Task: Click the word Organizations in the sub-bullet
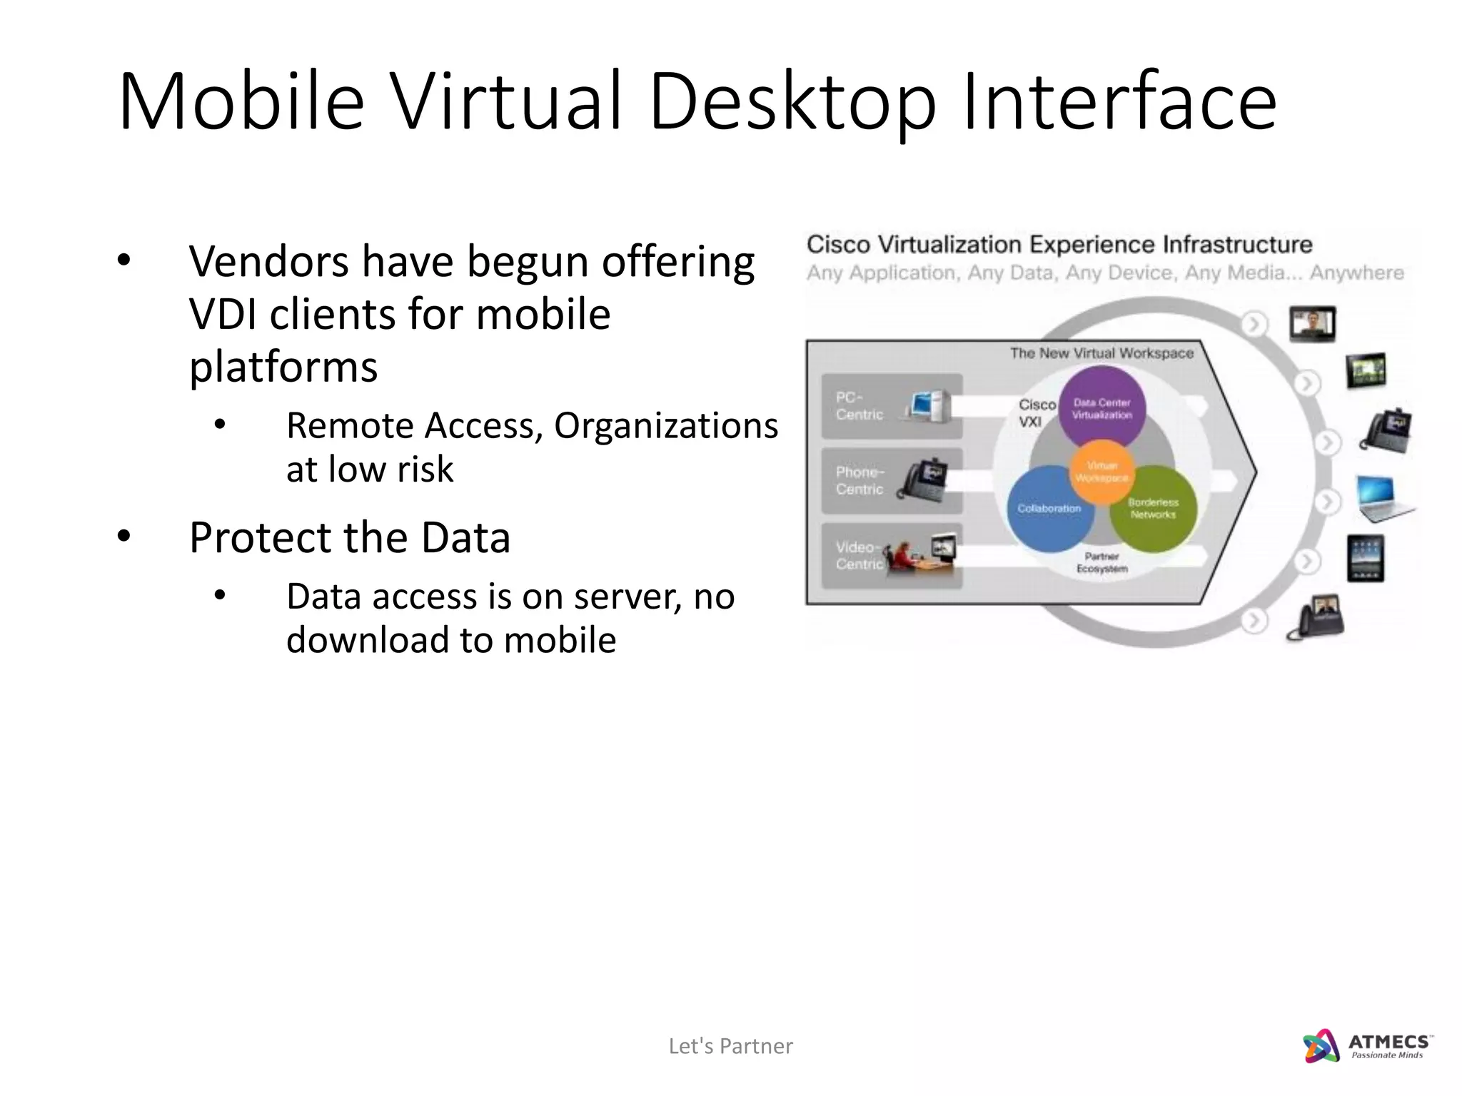(x=665, y=426)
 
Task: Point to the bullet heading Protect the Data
(x=350, y=538)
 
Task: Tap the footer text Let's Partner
(x=730, y=1046)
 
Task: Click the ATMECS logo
(x=1366, y=1047)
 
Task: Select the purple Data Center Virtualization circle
(x=1101, y=407)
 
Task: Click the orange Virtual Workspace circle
(x=1101, y=472)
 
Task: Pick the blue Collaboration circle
(x=1049, y=509)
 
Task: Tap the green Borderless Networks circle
(x=1154, y=509)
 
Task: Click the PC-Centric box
(x=892, y=406)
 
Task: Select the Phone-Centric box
(x=892, y=481)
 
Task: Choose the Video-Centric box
(x=892, y=556)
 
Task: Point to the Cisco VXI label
(x=1035, y=413)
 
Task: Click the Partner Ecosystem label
(x=1101, y=562)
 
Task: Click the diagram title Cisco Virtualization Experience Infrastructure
(x=1059, y=245)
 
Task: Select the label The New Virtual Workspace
(x=1101, y=353)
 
